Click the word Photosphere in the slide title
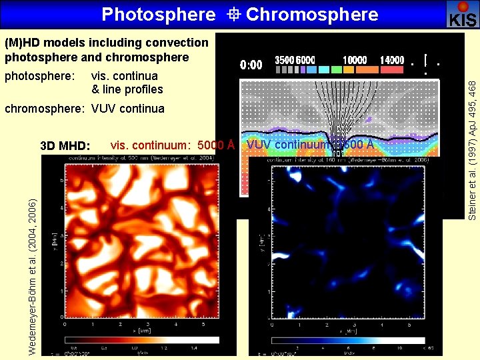click(x=159, y=14)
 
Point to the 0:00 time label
click(x=251, y=65)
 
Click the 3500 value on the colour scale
click(x=285, y=60)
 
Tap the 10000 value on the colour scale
click(x=355, y=60)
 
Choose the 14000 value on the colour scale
click(x=391, y=60)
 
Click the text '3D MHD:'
click(x=65, y=146)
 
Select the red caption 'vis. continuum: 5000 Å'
click(x=173, y=145)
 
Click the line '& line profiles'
click(x=127, y=89)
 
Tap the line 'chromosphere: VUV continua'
click(x=85, y=108)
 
